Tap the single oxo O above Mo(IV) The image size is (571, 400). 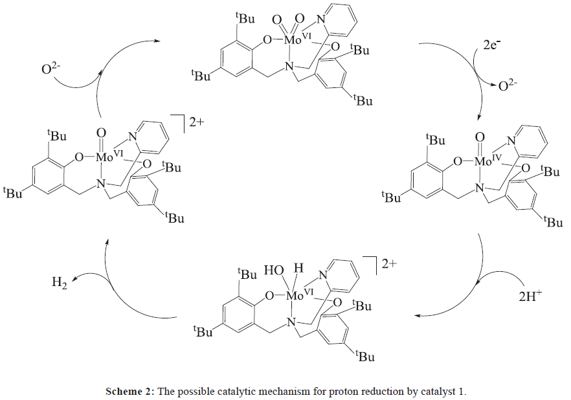480,137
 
